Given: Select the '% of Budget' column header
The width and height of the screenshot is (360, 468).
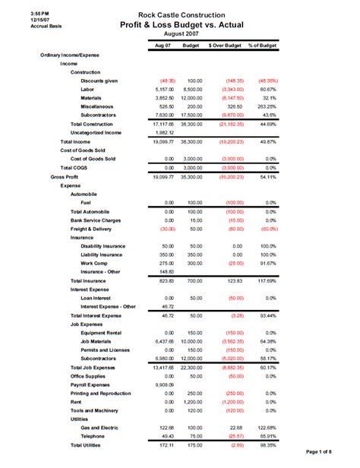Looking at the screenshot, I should (x=263, y=46).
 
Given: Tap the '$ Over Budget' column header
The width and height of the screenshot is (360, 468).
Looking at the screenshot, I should (x=225, y=46).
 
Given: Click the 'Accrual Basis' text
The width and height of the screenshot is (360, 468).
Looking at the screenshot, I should (x=25, y=27).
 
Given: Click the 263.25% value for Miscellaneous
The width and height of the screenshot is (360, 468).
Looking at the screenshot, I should (x=264, y=106).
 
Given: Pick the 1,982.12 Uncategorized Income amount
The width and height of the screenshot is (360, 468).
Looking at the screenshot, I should (x=163, y=132).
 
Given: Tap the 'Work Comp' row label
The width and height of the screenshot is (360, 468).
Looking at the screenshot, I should (x=95, y=263).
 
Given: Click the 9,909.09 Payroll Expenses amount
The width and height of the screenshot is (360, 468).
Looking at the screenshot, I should (x=163, y=384).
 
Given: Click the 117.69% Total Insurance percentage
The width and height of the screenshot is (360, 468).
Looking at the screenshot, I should (x=265, y=281).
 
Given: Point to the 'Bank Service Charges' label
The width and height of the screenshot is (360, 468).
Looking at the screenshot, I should (x=95, y=220).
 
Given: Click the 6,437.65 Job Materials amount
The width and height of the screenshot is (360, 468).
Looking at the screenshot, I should (x=163, y=341).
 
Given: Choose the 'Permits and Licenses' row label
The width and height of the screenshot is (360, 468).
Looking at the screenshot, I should (x=107, y=349).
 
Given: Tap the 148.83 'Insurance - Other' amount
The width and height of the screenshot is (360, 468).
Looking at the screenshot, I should (x=165, y=272).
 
